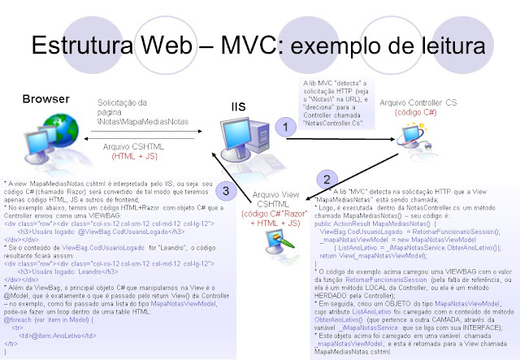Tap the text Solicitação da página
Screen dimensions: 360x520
[x=126, y=107]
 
